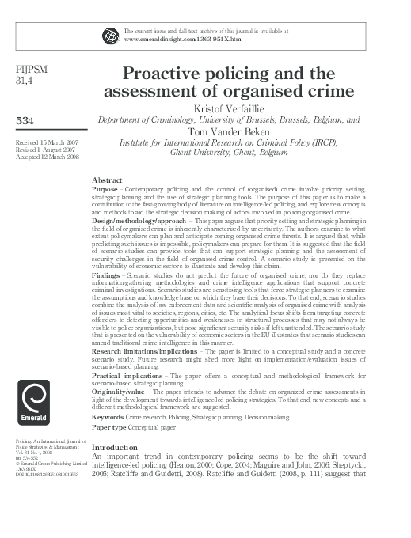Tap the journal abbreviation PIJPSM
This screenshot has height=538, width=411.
[31, 70]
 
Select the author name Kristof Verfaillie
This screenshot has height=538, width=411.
[228, 108]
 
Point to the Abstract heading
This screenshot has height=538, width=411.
[108, 180]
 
